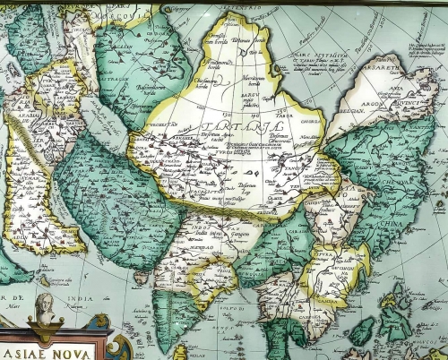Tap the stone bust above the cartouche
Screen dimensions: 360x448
(43, 309)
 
